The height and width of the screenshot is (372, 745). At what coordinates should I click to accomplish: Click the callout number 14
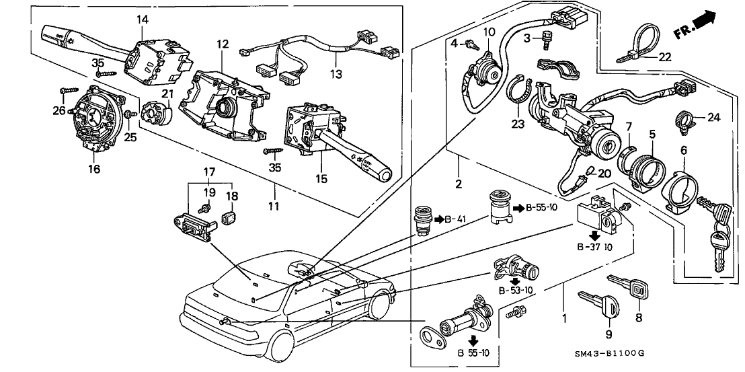142,20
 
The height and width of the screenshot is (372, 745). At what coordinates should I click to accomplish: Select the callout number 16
94,169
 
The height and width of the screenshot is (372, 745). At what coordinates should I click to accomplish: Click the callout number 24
713,117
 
